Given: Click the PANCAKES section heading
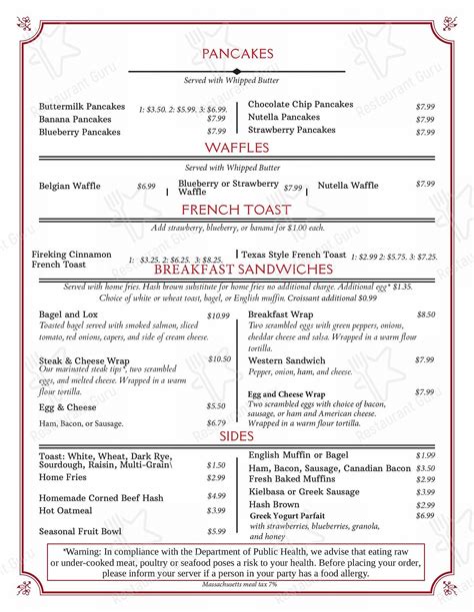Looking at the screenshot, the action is click(237, 53).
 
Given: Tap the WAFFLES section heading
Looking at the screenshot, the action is click(237, 148).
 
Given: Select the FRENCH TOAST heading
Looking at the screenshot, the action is click(237, 210).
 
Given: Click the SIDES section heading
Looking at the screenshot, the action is click(237, 438).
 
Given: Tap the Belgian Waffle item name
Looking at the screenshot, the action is click(70, 186).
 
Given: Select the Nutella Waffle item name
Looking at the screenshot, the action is click(348, 185).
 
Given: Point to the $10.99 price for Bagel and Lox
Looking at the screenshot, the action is click(218, 315).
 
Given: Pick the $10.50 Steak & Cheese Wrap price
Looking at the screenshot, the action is click(219, 359).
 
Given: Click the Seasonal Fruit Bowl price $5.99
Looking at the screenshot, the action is click(216, 531).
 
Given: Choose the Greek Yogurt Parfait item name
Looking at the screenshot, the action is click(297, 515).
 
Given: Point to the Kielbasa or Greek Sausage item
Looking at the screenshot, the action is click(304, 491).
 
